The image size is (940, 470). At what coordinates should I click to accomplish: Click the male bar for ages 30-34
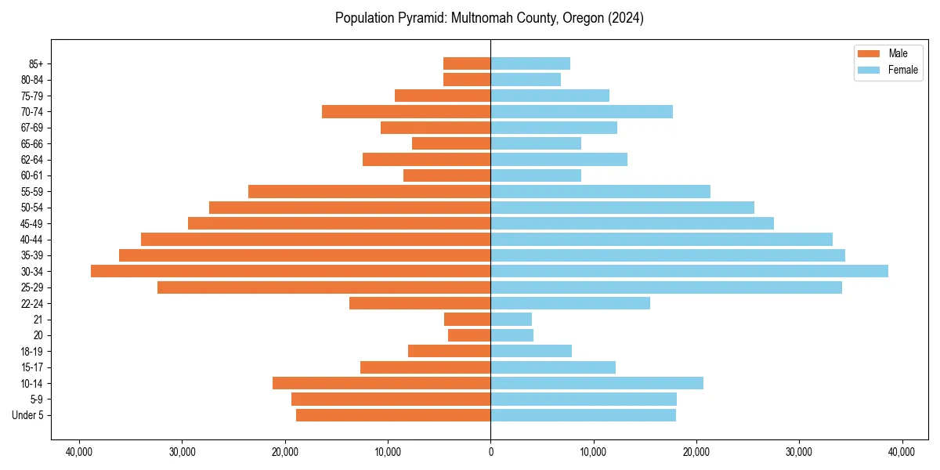click(291, 271)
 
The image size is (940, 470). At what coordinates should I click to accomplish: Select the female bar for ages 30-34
click(689, 271)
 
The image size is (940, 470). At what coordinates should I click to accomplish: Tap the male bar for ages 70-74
click(406, 111)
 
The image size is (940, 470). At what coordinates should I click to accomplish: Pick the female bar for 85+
click(530, 63)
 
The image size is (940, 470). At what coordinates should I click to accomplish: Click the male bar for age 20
click(469, 335)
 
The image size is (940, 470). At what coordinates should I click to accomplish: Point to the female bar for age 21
click(511, 319)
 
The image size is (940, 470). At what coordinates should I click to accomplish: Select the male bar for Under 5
click(393, 415)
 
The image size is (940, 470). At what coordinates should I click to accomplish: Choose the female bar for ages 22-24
click(570, 303)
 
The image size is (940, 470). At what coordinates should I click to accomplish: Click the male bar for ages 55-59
click(369, 191)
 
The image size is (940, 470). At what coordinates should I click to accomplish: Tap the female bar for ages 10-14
click(597, 383)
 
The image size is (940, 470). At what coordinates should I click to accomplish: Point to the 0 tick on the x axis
click(490, 452)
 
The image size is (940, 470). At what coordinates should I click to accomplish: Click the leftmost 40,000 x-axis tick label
click(79, 452)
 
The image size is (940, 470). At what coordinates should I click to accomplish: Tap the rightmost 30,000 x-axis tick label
click(799, 452)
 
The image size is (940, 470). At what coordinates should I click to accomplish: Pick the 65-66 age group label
click(31, 143)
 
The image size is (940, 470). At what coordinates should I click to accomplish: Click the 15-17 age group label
click(31, 367)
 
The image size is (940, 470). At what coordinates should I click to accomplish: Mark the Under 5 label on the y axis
click(28, 415)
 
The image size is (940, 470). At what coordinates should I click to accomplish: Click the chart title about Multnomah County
click(490, 18)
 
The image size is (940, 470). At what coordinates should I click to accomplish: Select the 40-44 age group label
click(31, 240)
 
